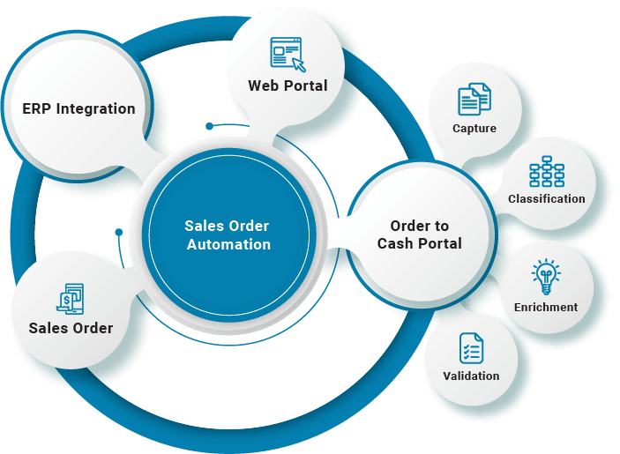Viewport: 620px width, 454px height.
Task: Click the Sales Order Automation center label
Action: pyautogui.click(x=228, y=234)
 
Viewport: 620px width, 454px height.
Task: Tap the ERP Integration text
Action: pyautogui.click(x=78, y=109)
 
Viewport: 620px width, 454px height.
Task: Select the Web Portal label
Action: pyautogui.click(x=288, y=86)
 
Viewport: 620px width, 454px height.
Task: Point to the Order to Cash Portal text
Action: pyautogui.click(x=420, y=234)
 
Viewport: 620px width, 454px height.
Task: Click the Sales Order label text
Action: pyautogui.click(x=71, y=328)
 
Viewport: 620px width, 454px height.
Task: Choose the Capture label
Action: pyautogui.click(x=474, y=129)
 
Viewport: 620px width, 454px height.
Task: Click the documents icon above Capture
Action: pyautogui.click(x=474, y=99)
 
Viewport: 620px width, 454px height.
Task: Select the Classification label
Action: pyautogui.click(x=547, y=199)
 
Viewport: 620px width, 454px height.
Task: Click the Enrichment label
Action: pyautogui.click(x=546, y=308)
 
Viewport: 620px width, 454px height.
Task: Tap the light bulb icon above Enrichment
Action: pyautogui.click(x=546, y=277)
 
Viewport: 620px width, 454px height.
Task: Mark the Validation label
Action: pyautogui.click(x=471, y=376)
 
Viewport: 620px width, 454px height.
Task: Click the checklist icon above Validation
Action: pyautogui.click(x=471, y=347)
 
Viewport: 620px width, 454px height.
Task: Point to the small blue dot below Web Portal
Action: pyautogui.click(x=209, y=126)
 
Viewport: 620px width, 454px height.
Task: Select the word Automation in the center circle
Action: pyautogui.click(x=228, y=244)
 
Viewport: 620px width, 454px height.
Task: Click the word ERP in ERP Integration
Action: pyautogui.click(x=37, y=109)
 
